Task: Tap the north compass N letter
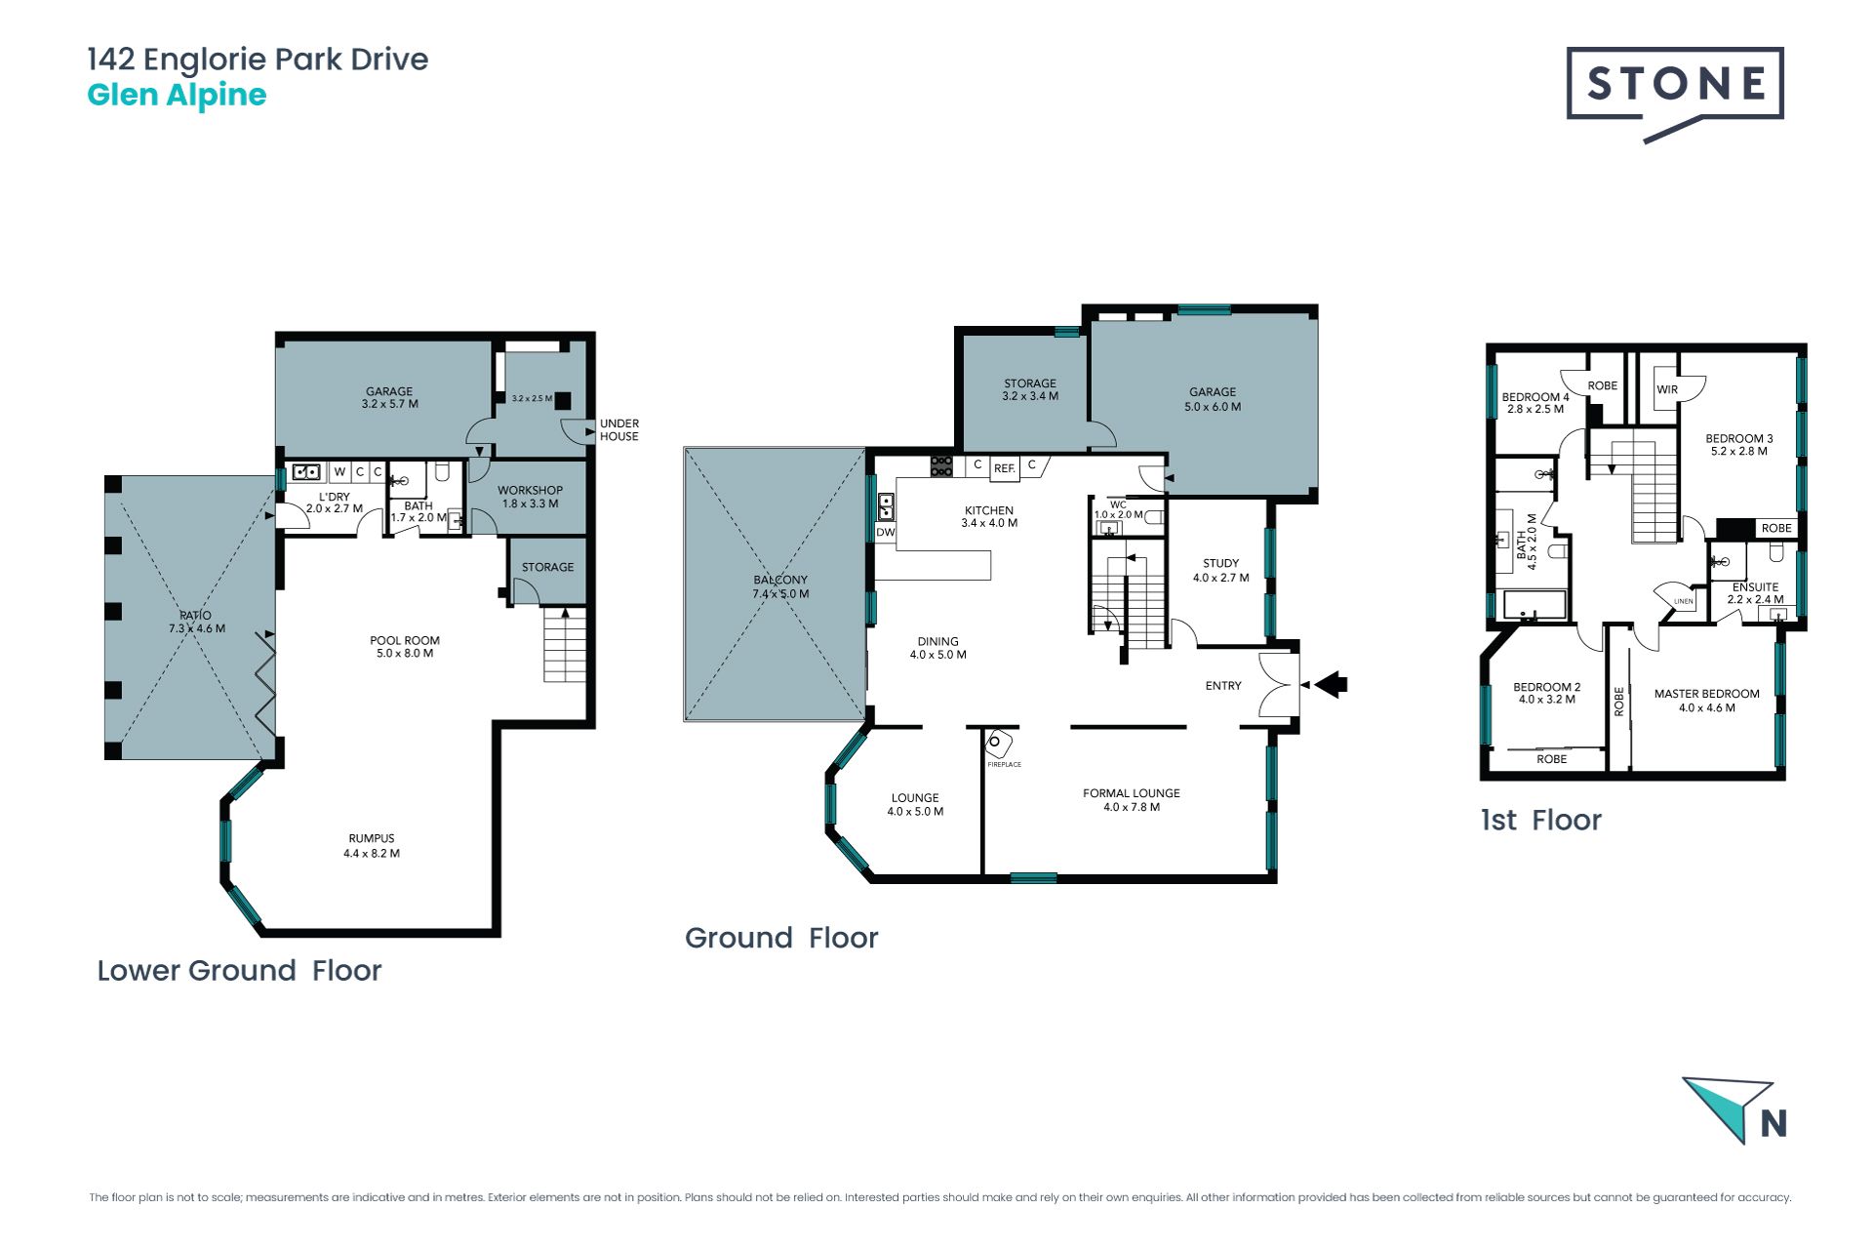pyautogui.click(x=1773, y=1124)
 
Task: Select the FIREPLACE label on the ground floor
pyautogui.click(x=1004, y=764)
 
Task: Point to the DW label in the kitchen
pyautogui.click(x=885, y=532)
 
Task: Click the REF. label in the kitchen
pyautogui.click(x=1004, y=468)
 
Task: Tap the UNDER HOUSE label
pyautogui.click(x=619, y=429)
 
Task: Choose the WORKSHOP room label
pyautogui.click(x=530, y=491)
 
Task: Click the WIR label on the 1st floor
pyautogui.click(x=1667, y=389)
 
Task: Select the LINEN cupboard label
pyautogui.click(x=1684, y=601)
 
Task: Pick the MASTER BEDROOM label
pyautogui.click(x=1707, y=694)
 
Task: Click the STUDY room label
pyautogui.click(x=1220, y=563)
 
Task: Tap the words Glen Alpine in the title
pyautogui.click(x=177, y=95)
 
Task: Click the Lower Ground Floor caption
pyautogui.click(x=239, y=970)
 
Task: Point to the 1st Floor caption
pyautogui.click(x=1541, y=820)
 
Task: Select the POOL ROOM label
pyautogui.click(x=405, y=640)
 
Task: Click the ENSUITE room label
pyautogui.click(x=1755, y=587)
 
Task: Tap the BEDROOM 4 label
pyautogui.click(x=1535, y=397)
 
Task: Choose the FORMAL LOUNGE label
pyautogui.click(x=1132, y=793)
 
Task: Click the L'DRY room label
pyautogui.click(x=334, y=497)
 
